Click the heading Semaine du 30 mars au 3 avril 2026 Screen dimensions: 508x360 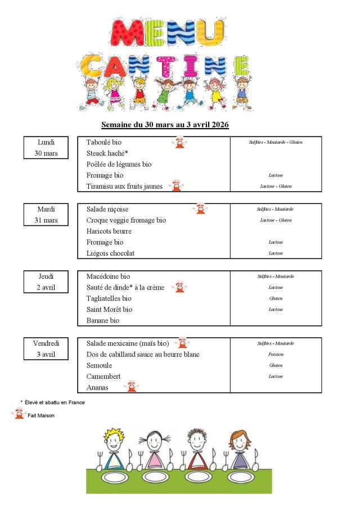(165, 124)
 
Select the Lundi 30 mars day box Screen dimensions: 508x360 (46, 148)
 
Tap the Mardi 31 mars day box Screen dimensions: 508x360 (46, 215)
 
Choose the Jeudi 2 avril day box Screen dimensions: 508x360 (46, 282)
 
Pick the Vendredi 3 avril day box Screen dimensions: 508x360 (46, 349)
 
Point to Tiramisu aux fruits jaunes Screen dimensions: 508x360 (124, 187)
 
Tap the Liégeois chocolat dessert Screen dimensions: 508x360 (110, 253)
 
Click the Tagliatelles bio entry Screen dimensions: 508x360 (109, 298)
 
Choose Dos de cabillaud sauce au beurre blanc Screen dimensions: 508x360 (143, 355)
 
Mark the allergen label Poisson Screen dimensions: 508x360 (276, 355)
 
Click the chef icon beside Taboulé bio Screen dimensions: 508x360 (179, 142)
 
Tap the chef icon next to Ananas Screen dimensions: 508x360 (130, 386)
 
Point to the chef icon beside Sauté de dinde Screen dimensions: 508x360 (179, 287)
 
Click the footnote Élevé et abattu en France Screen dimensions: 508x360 (55, 402)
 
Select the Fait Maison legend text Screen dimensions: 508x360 (42, 415)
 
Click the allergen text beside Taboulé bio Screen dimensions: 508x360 (276, 142)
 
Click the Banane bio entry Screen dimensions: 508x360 (103, 321)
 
